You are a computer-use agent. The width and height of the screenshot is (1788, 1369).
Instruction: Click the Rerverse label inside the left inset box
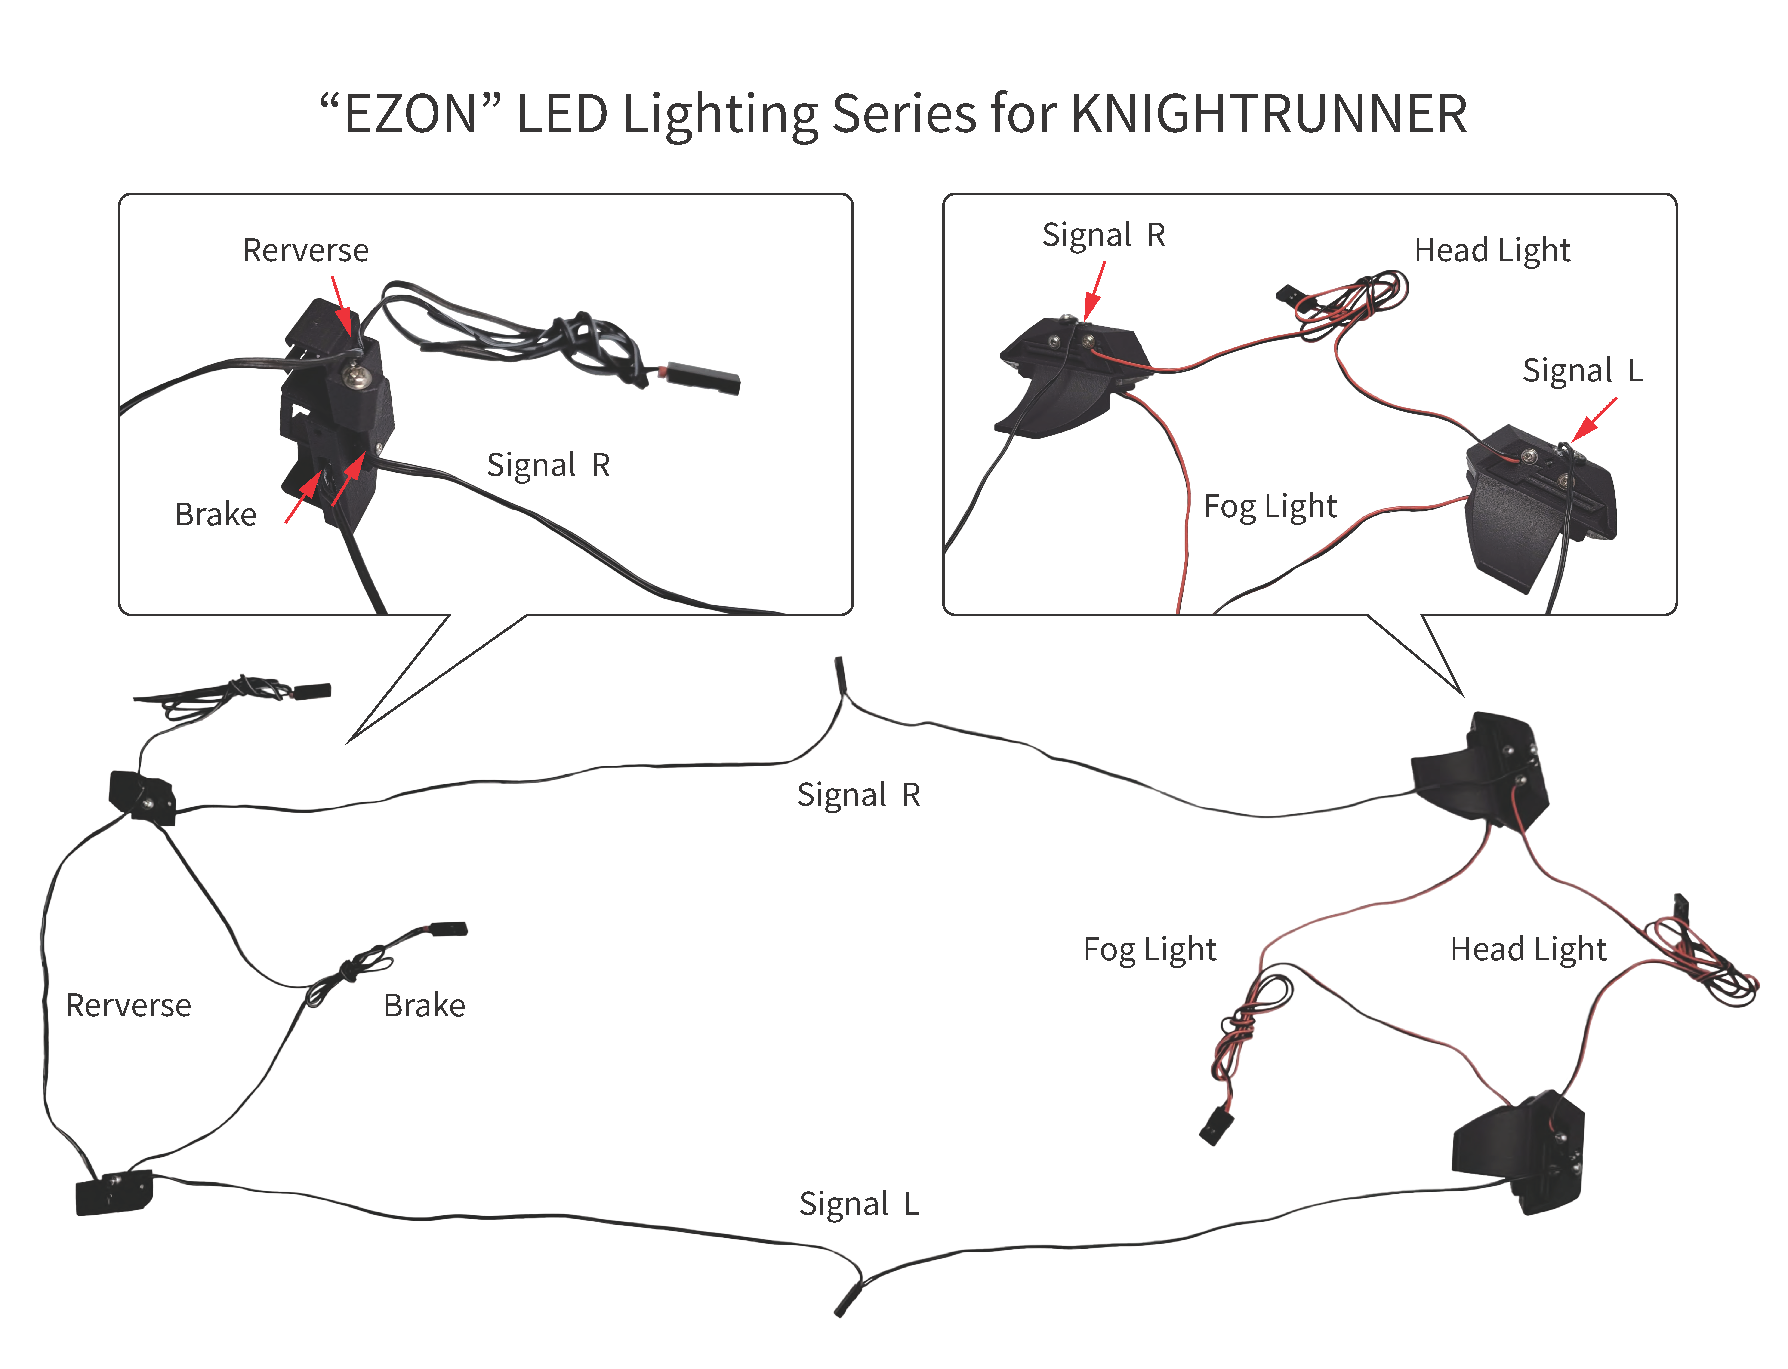click(x=306, y=250)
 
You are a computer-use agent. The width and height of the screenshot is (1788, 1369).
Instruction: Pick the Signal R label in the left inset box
click(x=548, y=465)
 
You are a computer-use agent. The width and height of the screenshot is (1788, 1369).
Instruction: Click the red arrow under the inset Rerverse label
click(x=342, y=306)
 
